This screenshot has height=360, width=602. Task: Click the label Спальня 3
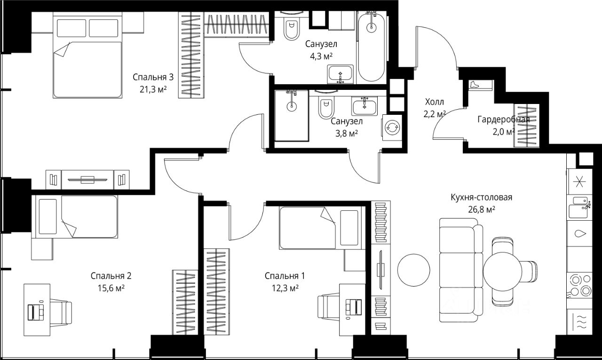point(153,78)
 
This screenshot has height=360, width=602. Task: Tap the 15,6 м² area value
point(111,288)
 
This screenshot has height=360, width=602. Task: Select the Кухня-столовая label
point(481,197)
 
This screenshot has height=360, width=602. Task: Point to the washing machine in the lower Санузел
point(392,128)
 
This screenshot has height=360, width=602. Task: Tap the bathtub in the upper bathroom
point(372,46)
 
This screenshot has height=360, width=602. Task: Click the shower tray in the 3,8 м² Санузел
point(291,116)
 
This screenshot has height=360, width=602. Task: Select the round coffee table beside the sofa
point(413,270)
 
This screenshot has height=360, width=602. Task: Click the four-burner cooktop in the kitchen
point(580,286)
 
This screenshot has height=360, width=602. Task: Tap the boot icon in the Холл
point(475,84)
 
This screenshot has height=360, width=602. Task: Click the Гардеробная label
point(504,120)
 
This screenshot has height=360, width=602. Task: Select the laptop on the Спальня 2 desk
point(36,312)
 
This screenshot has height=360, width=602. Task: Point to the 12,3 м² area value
point(285,288)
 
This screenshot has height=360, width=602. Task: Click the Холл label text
point(434,102)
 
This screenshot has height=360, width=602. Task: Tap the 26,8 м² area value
point(482,209)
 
